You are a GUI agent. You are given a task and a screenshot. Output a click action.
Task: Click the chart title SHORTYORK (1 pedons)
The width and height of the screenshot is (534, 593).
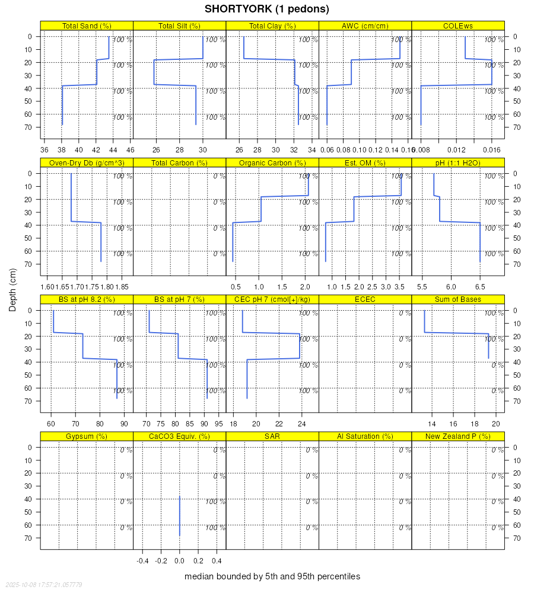(x=266, y=9)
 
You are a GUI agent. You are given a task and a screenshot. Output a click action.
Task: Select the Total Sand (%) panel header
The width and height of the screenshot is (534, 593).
(x=87, y=25)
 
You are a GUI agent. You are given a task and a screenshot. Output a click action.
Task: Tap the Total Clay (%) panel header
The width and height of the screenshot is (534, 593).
(x=272, y=25)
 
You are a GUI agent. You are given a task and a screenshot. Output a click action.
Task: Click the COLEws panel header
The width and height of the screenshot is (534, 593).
(x=457, y=25)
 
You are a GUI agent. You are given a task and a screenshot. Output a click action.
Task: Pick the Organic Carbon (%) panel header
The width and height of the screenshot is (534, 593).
(x=272, y=162)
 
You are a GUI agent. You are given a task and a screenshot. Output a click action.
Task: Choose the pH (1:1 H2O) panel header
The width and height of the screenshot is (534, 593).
(x=457, y=162)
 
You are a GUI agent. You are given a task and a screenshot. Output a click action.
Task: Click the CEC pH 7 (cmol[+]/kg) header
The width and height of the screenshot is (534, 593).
(x=272, y=299)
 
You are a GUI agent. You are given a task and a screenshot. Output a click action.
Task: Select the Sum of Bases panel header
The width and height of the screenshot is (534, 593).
(x=457, y=299)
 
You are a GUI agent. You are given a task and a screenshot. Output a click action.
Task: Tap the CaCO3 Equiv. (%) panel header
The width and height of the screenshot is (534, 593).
(x=180, y=436)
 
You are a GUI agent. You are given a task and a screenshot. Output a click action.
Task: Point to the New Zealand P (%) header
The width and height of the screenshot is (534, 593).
(x=457, y=436)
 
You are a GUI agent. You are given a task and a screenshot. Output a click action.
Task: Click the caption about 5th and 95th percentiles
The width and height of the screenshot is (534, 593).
(x=272, y=576)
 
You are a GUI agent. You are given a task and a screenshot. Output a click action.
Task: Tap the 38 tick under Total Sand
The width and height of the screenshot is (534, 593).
(x=62, y=149)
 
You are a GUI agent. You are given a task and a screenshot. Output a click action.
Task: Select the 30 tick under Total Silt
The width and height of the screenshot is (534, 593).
(x=203, y=149)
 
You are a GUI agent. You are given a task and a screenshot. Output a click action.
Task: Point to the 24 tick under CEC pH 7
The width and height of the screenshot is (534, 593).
(x=301, y=423)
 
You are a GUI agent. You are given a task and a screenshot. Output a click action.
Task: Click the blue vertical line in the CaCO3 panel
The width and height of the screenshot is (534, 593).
(x=180, y=516)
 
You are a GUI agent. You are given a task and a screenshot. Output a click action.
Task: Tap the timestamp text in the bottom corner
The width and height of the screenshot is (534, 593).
(x=42, y=585)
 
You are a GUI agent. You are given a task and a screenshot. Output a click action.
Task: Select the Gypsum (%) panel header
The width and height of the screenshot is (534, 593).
(x=87, y=436)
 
